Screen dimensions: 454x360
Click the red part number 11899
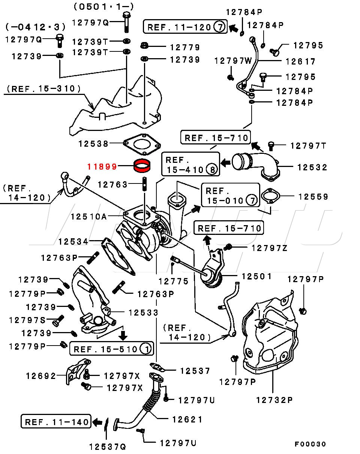102,166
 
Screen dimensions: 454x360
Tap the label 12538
93,143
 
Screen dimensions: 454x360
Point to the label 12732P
274,400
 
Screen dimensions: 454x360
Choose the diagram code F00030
310,444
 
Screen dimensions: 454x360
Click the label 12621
187,419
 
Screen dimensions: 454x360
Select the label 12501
256,276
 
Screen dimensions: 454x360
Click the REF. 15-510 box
111,349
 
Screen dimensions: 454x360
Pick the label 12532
312,167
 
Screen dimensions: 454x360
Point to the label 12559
313,196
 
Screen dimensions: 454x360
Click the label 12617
301,61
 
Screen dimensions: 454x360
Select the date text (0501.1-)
104,6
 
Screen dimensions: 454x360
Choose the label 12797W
233,61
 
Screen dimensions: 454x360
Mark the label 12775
173,281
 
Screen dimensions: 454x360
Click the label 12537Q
107,446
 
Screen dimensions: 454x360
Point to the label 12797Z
269,248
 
